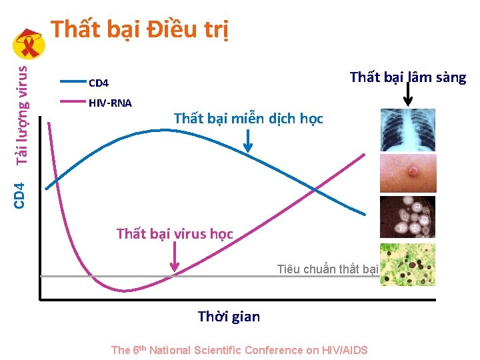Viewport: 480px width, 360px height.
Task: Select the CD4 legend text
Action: pos(99,83)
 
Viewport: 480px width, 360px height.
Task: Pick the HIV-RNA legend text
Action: pos(110,103)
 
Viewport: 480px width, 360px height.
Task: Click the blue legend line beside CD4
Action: pos(73,82)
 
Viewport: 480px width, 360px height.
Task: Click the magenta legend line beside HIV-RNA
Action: pos(73,102)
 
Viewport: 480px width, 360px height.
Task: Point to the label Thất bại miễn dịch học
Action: pos(248,119)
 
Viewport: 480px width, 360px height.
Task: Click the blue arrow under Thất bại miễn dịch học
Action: pos(249,141)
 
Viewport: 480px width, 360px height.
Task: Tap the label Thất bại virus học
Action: pos(175,234)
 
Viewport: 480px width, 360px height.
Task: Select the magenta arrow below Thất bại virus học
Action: pos(175,257)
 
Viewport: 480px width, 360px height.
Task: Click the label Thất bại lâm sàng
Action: pos(408,77)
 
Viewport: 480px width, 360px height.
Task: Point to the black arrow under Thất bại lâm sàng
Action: pos(408,96)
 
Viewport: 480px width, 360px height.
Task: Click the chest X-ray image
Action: pos(407,130)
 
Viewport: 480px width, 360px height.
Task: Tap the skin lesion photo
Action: pos(407,173)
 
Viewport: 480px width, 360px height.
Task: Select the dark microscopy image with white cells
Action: pos(407,217)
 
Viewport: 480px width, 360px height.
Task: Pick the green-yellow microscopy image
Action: pos(407,265)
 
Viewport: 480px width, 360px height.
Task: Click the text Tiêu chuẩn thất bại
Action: pos(328,269)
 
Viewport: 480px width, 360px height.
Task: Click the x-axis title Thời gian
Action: pos(229,316)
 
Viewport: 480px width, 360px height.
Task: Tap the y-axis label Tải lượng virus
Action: pos(22,113)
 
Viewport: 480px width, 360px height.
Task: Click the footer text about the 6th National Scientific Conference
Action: pos(239,350)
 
